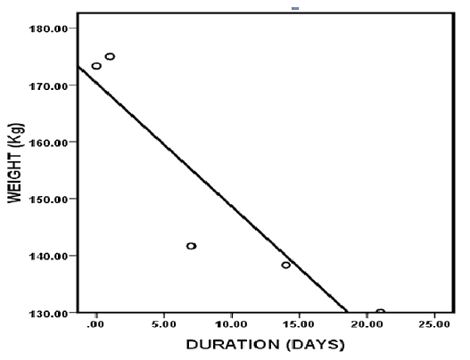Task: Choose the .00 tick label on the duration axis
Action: click(96, 324)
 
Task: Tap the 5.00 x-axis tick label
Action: click(164, 324)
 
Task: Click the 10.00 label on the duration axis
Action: click(231, 324)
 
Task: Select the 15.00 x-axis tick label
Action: click(299, 324)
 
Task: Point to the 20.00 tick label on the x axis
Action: click(367, 324)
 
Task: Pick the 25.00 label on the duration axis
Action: click(434, 324)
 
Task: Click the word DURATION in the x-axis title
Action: click(233, 345)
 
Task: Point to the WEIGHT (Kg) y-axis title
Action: click(15, 163)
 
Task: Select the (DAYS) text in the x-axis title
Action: click(315, 345)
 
